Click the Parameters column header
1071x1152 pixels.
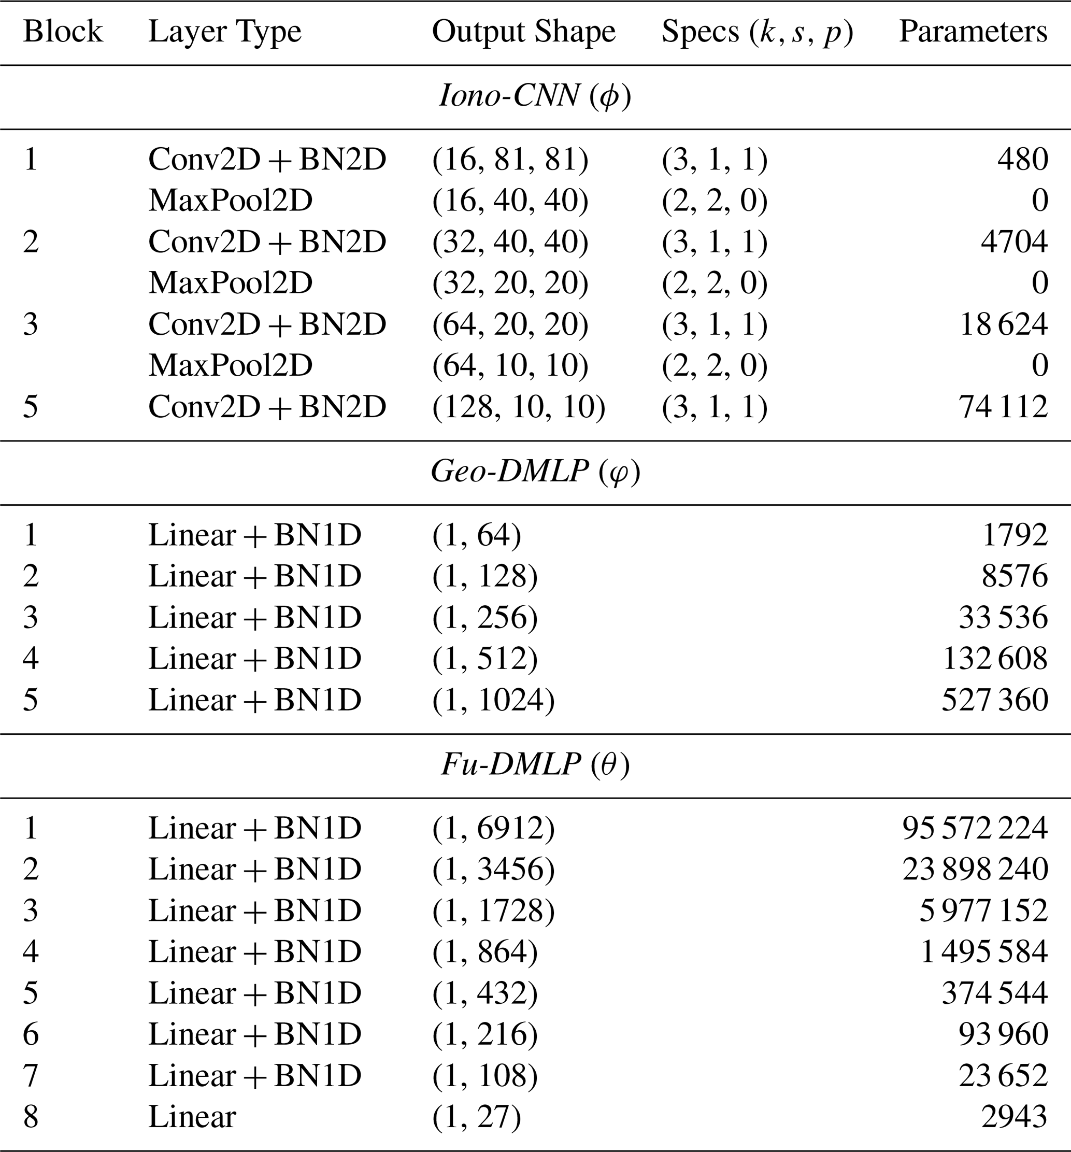pos(973,32)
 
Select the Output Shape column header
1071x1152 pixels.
pos(523,32)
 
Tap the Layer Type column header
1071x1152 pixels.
pos(225,32)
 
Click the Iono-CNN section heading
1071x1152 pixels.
pos(535,96)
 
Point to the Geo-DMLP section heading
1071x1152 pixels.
pos(535,471)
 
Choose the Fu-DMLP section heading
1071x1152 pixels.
pos(535,764)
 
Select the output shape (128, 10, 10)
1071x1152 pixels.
pos(519,406)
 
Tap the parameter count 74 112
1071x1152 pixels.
pos(1003,406)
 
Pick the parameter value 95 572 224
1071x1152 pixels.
pos(975,828)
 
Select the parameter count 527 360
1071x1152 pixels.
pos(994,700)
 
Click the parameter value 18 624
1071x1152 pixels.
pos(1003,324)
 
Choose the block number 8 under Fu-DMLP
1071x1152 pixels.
pos(31,1117)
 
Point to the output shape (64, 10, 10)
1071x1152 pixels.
pos(510,365)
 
